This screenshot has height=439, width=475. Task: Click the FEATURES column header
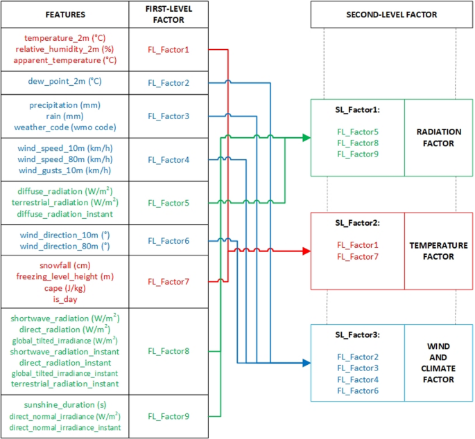coord(65,14)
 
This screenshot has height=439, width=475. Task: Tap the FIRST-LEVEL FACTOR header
coord(168,14)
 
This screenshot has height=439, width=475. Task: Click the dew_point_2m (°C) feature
coord(65,82)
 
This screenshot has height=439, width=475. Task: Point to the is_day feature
coord(65,299)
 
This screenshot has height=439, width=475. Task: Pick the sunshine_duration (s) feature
coord(65,406)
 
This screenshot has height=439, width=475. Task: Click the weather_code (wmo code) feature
coord(65,127)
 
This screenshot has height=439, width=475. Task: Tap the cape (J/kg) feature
coord(65,288)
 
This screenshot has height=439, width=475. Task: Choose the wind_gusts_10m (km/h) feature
coord(65,170)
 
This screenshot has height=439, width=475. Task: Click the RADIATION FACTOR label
coord(435,138)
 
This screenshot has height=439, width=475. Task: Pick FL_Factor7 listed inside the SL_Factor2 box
coord(357,256)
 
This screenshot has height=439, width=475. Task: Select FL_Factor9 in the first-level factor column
coord(168,416)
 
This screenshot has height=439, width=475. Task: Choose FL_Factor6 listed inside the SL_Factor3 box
coord(357,391)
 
